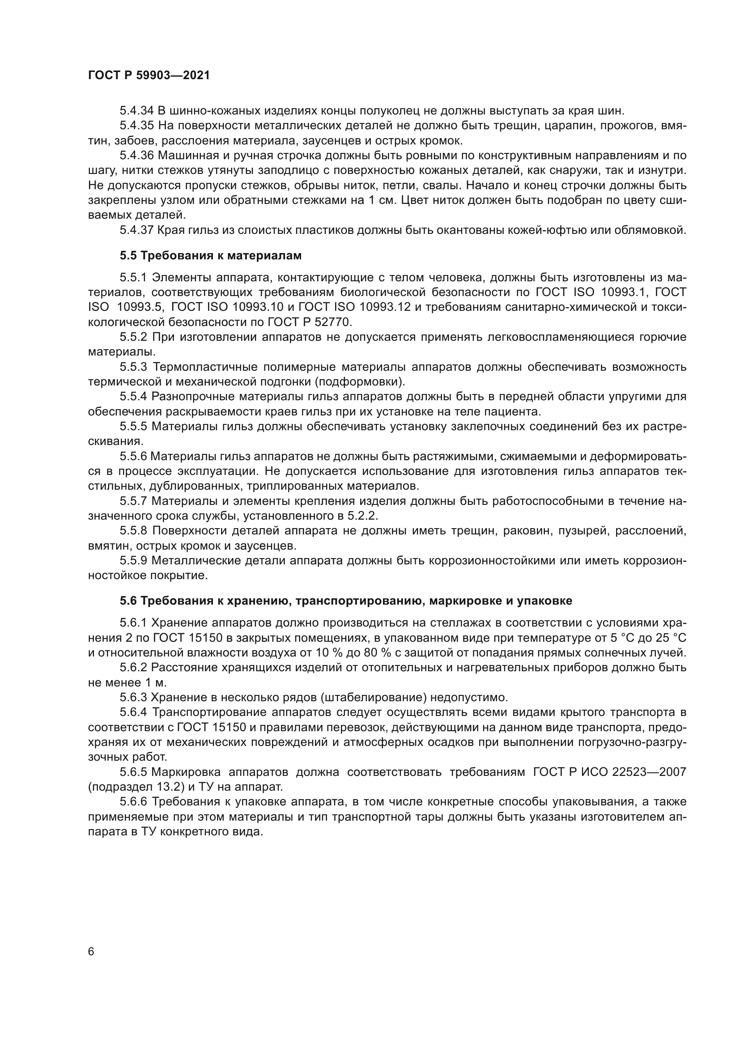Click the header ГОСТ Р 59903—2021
pos(149,76)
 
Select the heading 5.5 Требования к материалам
pos(211,256)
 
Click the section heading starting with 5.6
pos(346,601)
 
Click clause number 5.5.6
pos(133,456)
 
